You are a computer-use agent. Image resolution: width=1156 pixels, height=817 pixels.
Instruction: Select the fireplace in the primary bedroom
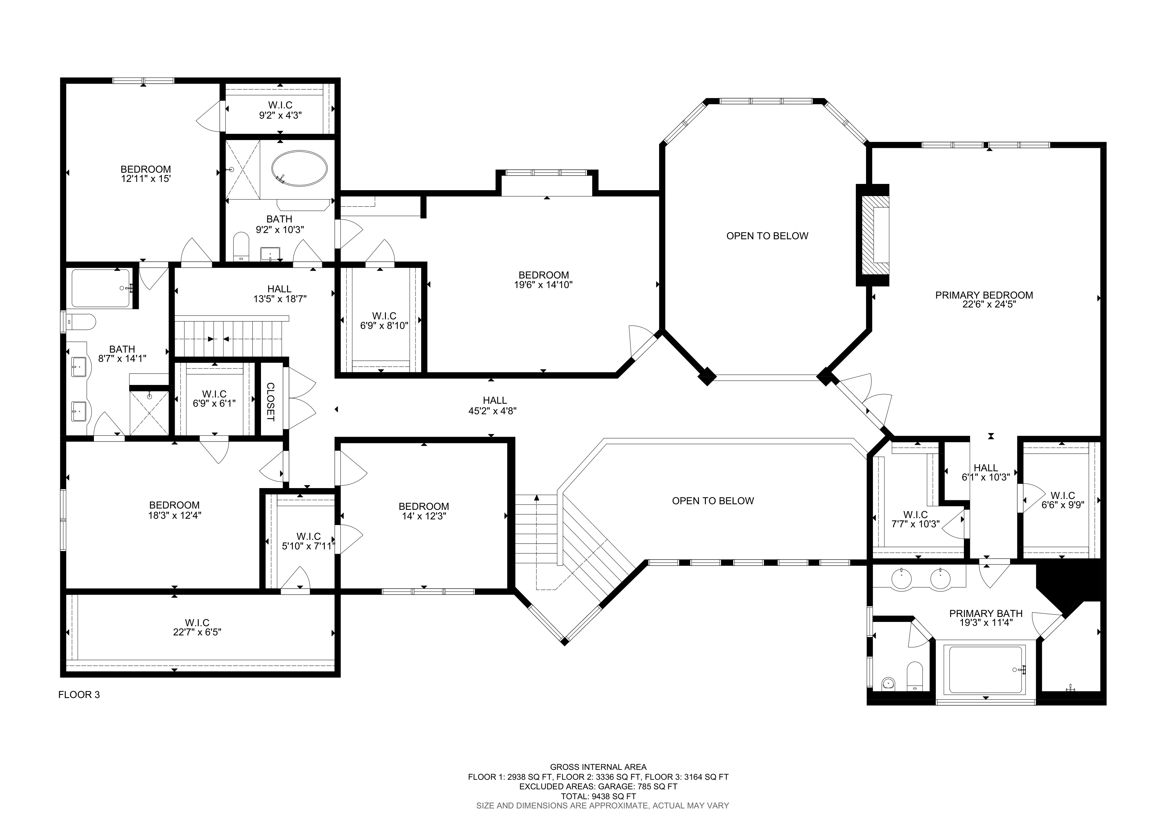tap(873, 235)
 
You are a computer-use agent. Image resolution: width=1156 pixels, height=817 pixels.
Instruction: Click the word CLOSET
tap(270, 402)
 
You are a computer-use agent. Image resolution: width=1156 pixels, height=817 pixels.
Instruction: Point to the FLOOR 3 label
tap(79, 695)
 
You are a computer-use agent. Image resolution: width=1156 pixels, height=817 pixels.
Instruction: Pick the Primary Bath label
tap(986, 614)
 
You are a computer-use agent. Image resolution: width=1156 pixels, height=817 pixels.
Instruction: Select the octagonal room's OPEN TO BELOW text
tap(767, 236)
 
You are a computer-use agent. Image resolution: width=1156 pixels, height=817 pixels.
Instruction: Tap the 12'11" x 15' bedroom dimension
tap(146, 179)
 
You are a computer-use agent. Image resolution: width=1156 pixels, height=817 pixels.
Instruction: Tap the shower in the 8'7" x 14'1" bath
tap(150, 413)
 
